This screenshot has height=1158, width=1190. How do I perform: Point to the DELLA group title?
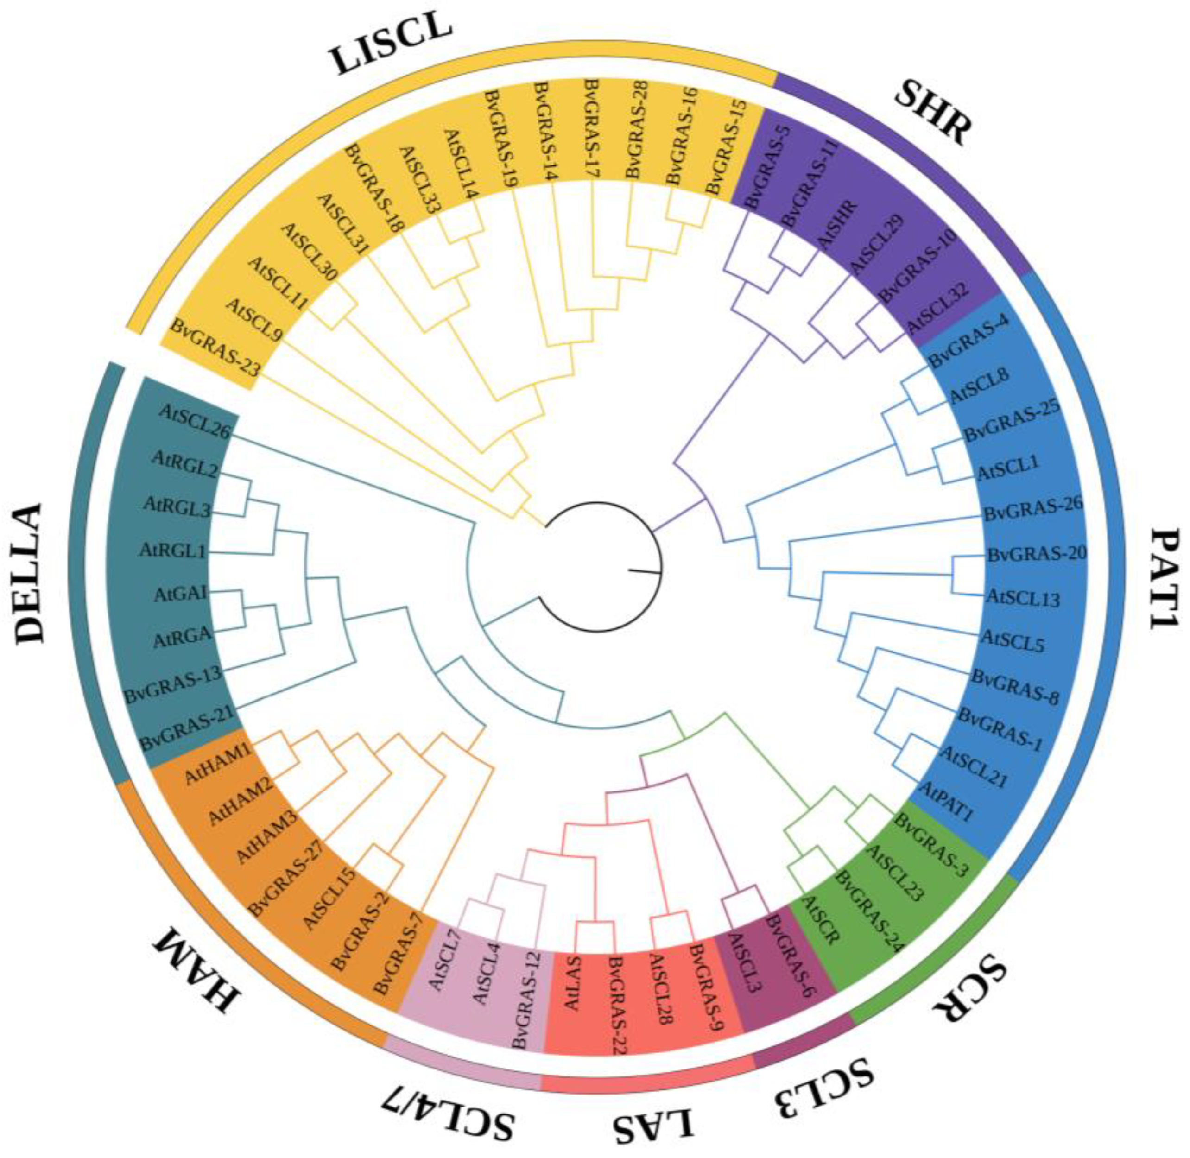pos(31,572)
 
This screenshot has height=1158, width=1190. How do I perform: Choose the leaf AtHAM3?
pos(265,839)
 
